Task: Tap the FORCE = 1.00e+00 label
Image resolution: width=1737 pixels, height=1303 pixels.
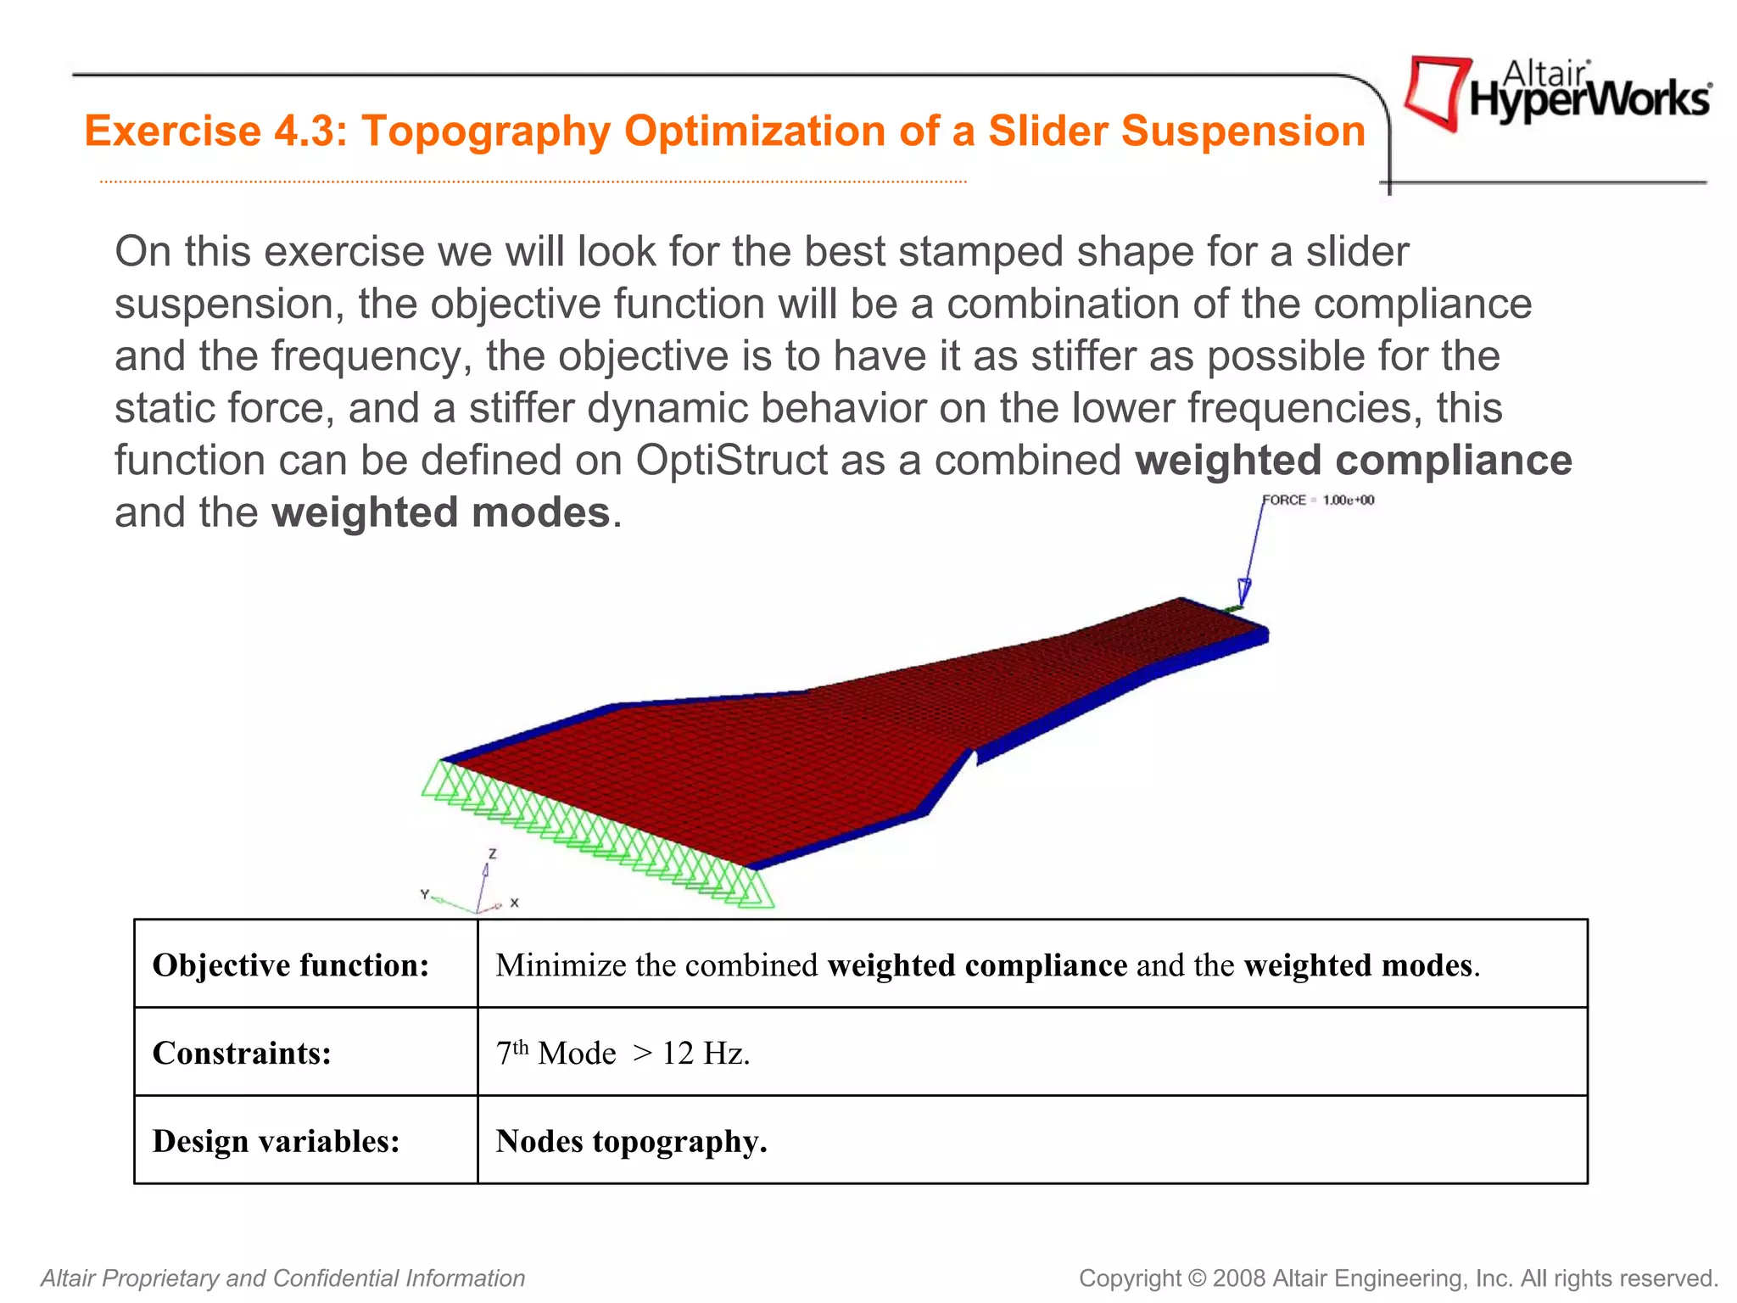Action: [x=1317, y=501]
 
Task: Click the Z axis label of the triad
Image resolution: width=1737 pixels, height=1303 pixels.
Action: [x=492, y=853]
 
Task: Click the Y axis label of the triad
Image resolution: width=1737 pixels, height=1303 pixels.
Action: [x=425, y=894]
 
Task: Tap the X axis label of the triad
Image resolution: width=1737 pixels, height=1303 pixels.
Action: [x=514, y=903]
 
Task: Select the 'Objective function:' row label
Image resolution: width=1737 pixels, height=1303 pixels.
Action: [x=291, y=965]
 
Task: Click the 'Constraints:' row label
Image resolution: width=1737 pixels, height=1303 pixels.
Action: [x=242, y=1054]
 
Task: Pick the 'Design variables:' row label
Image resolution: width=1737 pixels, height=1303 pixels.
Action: [x=276, y=1142]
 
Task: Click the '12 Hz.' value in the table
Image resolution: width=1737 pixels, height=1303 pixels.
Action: [x=706, y=1054]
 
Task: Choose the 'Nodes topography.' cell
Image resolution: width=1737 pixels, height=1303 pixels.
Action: [x=631, y=1142]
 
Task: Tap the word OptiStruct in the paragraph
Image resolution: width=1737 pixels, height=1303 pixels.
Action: [x=731, y=461]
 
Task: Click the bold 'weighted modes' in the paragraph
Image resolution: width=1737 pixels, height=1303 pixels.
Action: [x=441, y=513]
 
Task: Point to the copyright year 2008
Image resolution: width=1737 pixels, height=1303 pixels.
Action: [x=1239, y=1278]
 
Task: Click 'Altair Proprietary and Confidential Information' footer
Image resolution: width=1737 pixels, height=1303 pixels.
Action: [x=283, y=1278]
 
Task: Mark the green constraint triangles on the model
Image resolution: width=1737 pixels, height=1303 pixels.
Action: [x=594, y=831]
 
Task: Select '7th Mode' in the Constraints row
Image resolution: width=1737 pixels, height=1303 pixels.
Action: [x=556, y=1054]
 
